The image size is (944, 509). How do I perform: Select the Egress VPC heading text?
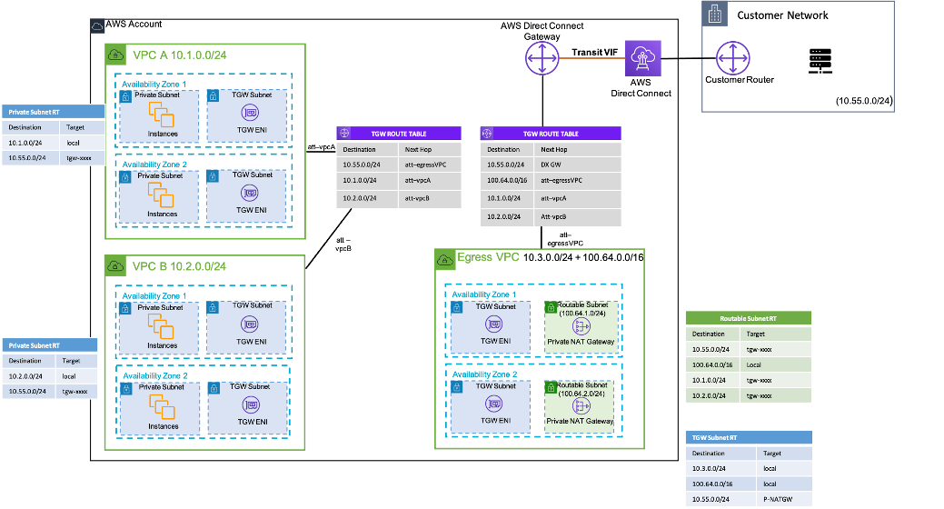click(x=489, y=258)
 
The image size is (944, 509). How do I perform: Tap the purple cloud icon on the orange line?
click(x=642, y=59)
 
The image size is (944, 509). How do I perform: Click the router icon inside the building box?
click(x=733, y=59)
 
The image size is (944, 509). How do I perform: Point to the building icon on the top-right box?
click(x=715, y=13)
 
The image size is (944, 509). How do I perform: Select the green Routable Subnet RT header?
click(x=747, y=319)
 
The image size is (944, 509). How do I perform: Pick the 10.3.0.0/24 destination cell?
click(x=709, y=468)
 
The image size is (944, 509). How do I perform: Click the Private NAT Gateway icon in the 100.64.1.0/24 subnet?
click(x=580, y=324)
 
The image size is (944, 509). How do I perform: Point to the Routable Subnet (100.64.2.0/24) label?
click(x=580, y=390)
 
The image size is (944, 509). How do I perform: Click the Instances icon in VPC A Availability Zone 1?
click(x=161, y=115)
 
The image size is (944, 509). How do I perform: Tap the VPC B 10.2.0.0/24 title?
click(x=179, y=266)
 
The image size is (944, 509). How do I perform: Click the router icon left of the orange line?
click(x=542, y=59)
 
